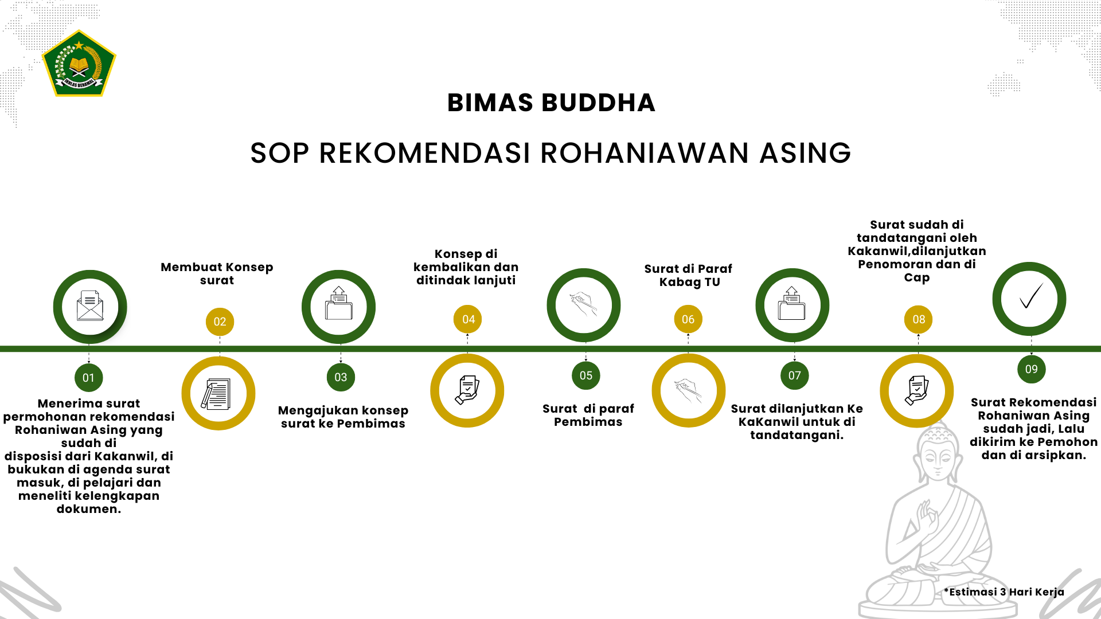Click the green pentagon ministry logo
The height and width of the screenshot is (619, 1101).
point(79,63)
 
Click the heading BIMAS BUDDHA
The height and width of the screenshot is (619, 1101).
point(551,103)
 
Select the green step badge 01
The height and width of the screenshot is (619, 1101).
point(88,378)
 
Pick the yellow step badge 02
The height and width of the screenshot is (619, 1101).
point(220,322)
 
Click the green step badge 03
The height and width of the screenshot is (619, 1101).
point(341,377)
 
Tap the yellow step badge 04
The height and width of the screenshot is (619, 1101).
point(468,319)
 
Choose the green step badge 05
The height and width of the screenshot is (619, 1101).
point(585,375)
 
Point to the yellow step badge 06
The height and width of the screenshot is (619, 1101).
point(688,319)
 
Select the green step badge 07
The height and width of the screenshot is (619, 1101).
point(794,375)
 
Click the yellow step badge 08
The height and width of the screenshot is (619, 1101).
point(919,319)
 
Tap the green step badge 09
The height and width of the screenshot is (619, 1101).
point(1031,369)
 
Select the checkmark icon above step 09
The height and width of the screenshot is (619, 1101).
point(1030,296)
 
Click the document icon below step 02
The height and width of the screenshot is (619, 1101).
point(216,394)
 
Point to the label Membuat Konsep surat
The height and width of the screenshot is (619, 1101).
point(217,273)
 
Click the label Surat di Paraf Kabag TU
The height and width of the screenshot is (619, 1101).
point(688,275)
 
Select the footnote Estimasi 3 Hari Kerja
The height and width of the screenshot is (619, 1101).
point(1004,592)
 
